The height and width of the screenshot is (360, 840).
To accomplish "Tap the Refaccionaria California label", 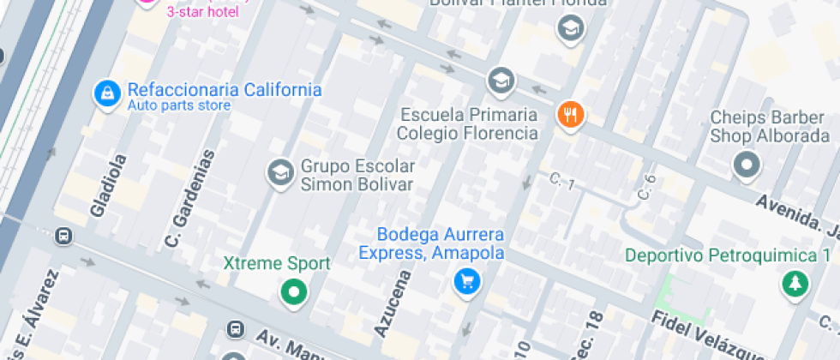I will (225, 90).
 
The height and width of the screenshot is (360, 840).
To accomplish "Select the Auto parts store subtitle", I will (179, 106).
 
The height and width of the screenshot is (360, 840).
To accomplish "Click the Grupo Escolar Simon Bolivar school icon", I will (279, 172).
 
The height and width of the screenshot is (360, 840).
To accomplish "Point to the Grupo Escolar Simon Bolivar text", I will (357, 175).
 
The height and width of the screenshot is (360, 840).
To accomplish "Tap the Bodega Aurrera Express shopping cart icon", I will (466, 280).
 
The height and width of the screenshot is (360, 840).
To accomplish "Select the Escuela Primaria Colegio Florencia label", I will (467, 124).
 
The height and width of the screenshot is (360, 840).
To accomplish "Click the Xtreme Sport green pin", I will (294, 291).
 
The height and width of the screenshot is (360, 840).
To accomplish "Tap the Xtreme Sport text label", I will (276, 264).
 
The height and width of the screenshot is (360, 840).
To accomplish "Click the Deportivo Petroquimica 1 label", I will (728, 255).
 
